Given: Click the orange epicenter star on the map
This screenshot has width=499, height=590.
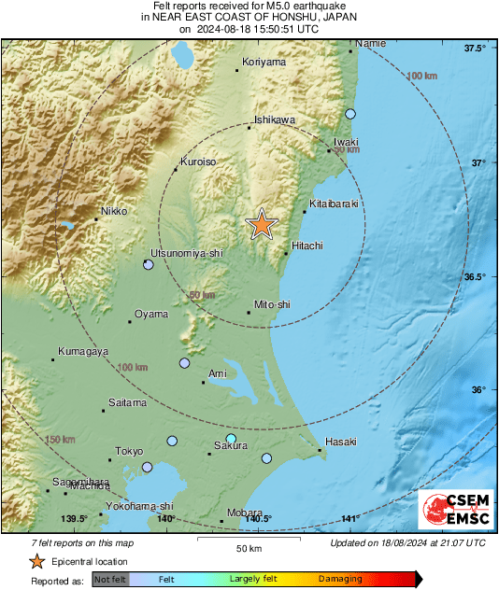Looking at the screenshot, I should coord(262,224).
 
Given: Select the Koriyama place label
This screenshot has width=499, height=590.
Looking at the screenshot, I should coord(264,62).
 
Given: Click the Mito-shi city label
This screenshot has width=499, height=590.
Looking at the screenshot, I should coord(273,304).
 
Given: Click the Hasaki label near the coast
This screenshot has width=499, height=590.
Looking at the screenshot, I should coord(341,442).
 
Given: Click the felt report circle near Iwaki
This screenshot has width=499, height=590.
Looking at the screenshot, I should coord(350,114).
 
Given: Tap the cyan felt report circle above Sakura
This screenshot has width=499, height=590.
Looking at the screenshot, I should coord(232,438).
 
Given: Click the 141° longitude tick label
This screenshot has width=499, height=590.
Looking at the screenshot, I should coord(350,519).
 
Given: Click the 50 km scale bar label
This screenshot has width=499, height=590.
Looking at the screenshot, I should coord(248,547).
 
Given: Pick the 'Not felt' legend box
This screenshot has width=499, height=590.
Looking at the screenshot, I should coord(109,580).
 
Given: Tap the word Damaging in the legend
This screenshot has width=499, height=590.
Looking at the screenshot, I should coord(340,580).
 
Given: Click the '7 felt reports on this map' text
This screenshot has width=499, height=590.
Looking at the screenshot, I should coord(70,542).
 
